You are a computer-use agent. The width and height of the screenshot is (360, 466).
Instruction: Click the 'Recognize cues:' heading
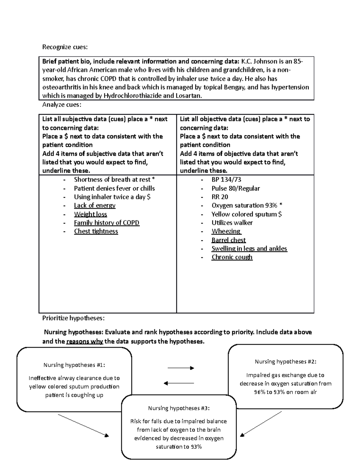coord(65,47)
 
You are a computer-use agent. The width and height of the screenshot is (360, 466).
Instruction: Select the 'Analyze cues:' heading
coord(61,105)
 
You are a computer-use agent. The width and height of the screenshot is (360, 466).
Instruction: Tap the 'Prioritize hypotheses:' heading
coord(73,318)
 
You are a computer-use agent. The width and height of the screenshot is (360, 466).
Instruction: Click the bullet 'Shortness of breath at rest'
coord(114,180)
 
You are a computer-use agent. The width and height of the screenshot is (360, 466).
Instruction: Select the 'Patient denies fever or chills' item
coord(114,188)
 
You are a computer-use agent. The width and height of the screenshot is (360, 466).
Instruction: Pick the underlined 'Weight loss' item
coord(90,214)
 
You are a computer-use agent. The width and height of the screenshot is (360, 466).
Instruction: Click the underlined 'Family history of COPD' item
coord(106,223)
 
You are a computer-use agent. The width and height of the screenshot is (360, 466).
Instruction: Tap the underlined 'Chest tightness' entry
coord(96,231)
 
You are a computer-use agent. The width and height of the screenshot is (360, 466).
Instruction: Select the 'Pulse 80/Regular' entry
coord(235,188)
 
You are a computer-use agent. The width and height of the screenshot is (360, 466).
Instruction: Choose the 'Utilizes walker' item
coord(232,223)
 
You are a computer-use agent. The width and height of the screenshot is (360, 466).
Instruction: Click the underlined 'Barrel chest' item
coord(228,240)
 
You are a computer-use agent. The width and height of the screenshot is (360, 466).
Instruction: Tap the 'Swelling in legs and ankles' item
coord(249,249)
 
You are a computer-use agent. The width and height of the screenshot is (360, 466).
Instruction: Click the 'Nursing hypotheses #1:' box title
coord(74,365)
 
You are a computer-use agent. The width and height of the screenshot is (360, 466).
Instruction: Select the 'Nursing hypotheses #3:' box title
coord(179,408)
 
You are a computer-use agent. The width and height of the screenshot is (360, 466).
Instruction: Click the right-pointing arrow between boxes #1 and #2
coord(181,368)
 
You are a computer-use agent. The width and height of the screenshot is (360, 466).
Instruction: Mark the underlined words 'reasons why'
coord(84,341)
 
